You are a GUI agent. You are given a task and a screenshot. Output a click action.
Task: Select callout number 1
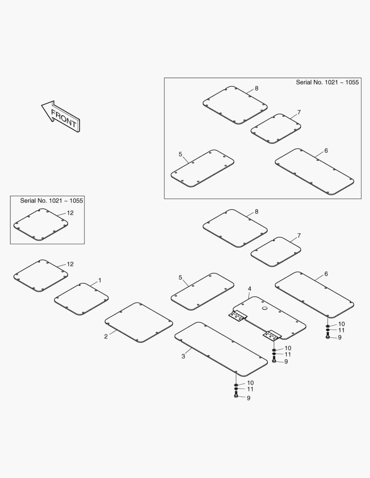pos(100,280)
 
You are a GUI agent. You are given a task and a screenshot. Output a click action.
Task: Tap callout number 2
pos(106,336)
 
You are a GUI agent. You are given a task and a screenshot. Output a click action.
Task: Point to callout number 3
pos(183,356)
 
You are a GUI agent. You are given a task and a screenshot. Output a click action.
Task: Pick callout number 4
pos(249,289)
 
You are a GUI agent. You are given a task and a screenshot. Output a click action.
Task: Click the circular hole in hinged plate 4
pos(265,308)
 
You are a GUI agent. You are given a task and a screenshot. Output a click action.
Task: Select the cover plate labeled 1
pos(82,299)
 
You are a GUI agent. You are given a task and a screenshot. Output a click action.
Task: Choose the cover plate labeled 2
pos(139,323)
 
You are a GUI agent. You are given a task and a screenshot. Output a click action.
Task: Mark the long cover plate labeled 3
pos(221,349)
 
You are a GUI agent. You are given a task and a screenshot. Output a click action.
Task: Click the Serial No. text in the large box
pos(327,82)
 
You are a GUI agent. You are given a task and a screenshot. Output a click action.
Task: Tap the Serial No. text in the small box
pos(51,200)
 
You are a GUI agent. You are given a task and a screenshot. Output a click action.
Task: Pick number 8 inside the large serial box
pos(257,89)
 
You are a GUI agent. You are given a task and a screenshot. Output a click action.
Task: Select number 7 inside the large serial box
pos(299,112)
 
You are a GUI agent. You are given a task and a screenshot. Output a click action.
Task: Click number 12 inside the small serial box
pos(70,213)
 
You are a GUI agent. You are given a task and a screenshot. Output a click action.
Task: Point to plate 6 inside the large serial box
pos(315,172)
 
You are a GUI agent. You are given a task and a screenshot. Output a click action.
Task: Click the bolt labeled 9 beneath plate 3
pos(236,396)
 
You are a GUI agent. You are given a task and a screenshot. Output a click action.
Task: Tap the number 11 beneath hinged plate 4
pos(288,354)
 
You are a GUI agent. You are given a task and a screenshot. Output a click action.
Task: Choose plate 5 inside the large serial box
pos(203,168)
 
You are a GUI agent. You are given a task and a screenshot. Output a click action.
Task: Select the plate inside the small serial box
pos(41,225)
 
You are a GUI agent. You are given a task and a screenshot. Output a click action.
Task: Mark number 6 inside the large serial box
pos(326,150)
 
